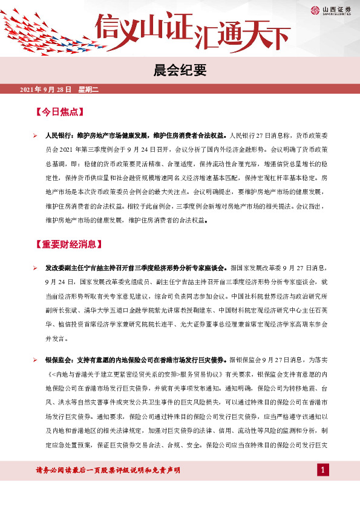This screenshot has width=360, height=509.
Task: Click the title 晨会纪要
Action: tap(180, 71)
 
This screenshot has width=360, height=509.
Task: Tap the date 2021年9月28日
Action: tap(46, 90)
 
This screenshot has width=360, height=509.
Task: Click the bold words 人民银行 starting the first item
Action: tap(59, 135)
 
